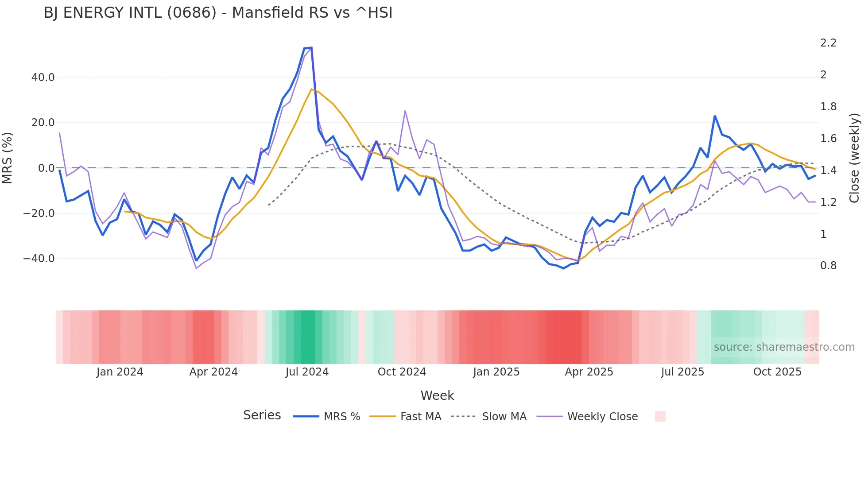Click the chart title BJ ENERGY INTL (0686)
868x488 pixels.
pyautogui.click(x=218, y=13)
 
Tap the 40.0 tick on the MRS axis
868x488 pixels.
pyautogui.click(x=43, y=77)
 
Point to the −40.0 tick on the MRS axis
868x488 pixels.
pyautogui.click(x=39, y=259)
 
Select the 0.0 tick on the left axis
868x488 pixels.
pyautogui.click(x=46, y=168)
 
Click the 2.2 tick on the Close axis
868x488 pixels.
pyautogui.click(x=828, y=43)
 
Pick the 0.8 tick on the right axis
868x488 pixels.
pyautogui.click(x=828, y=266)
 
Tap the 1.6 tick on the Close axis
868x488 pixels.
pyautogui.click(x=828, y=139)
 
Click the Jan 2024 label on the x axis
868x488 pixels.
pyautogui.click(x=120, y=372)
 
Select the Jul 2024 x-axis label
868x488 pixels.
pyautogui.click(x=307, y=372)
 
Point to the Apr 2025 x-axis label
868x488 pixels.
pyautogui.click(x=589, y=372)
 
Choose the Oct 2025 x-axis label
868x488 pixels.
pyautogui.click(x=777, y=372)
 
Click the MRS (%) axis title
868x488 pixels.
pyautogui.click(x=8, y=158)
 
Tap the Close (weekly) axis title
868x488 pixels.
pyautogui.click(x=854, y=158)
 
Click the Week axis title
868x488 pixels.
pyautogui.click(x=437, y=395)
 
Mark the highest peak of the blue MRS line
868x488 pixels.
pyautogui.click(x=311, y=47)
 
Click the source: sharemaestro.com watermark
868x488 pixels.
pyautogui.click(x=784, y=347)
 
